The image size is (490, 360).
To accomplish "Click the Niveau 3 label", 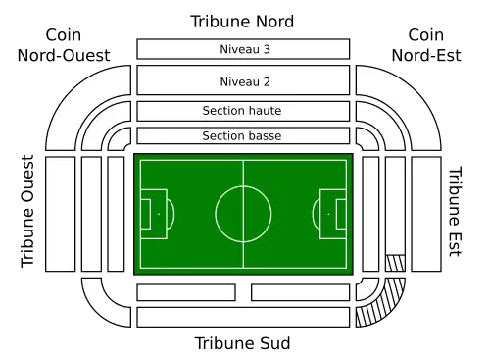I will click(242, 49).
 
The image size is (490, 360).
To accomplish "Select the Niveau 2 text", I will click(242, 81).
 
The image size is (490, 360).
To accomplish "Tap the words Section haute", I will click(242, 111).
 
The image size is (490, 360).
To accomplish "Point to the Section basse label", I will click(242, 135).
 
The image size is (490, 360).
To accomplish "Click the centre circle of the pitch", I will click(243, 213).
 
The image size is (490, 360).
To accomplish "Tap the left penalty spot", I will click(158, 213).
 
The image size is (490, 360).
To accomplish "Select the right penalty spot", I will click(328, 213).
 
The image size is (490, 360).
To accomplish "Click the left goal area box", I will click(145, 213).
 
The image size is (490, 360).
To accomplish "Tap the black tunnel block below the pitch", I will click(243, 292).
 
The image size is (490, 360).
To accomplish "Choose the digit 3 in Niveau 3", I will click(266, 49).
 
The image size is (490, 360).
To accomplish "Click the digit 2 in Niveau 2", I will click(266, 81).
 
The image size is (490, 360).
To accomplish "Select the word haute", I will click(265, 111).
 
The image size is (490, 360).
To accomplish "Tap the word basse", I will click(265, 135).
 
